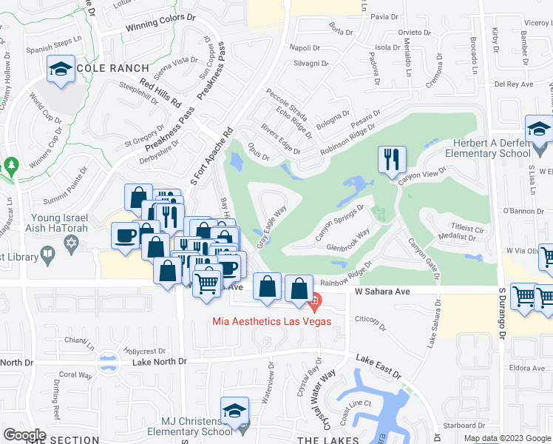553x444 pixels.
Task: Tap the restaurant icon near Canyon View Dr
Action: click(391, 158)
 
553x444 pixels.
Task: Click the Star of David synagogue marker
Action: click(72, 243)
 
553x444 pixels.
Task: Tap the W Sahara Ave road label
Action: click(383, 292)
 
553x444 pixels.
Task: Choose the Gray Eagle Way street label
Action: click(271, 226)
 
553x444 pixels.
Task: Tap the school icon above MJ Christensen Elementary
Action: click(234, 411)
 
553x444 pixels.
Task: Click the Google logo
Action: click(24, 435)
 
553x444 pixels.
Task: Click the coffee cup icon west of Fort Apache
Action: click(124, 235)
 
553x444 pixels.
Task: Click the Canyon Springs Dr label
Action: click(342, 221)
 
